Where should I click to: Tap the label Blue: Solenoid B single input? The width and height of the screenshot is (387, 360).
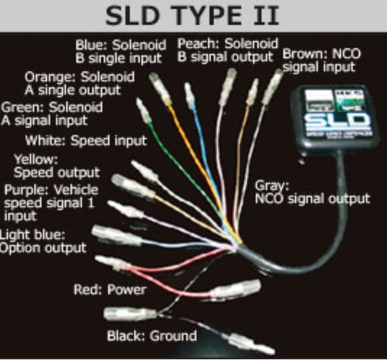pyautogui.click(x=121, y=52)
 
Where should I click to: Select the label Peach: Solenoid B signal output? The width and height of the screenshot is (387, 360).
pyautogui.click(x=228, y=50)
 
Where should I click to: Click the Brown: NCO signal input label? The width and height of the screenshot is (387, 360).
pyautogui.click(x=321, y=60)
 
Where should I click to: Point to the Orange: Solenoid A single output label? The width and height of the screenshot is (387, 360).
pyautogui.click(x=79, y=83)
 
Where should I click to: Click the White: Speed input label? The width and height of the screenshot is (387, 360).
pyautogui.click(x=86, y=140)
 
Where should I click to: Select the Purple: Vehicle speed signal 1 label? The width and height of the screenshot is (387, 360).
pyautogui.click(x=50, y=203)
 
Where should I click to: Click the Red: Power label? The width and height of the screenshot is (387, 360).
pyautogui.click(x=110, y=289)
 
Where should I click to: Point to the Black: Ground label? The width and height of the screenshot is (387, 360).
pyautogui.click(x=152, y=336)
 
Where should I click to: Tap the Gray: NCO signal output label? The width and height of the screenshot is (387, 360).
pyautogui.click(x=312, y=192)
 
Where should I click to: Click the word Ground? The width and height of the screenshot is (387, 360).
pyautogui.click(x=173, y=336)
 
